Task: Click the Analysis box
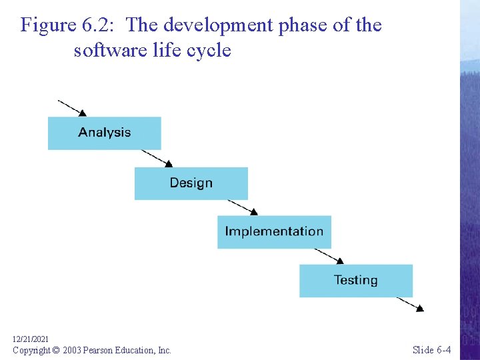[x=105, y=133]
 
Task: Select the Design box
[x=191, y=183]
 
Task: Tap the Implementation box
[x=274, y=232]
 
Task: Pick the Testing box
[x=355, y=281]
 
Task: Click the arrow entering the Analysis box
[x=72, y=108]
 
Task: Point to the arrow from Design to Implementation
[x=242, y=207]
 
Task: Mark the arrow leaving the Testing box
[x=409, y=304]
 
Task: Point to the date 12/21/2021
[x=31, y=339]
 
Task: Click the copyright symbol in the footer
[x=56, y=350]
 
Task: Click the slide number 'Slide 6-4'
[x=431, y=350]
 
